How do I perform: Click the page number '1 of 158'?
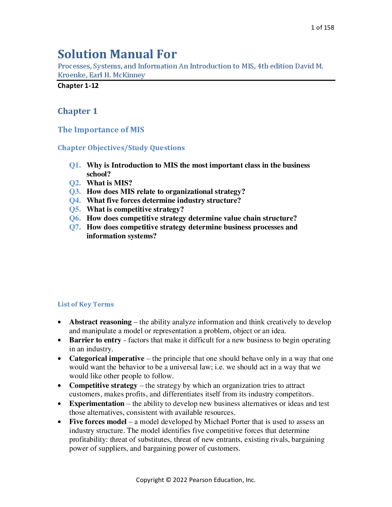coord(322,28)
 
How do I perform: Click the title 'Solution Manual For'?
coord(117,54)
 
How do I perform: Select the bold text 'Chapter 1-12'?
coord(78,86)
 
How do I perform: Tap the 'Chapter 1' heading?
coord(77,111)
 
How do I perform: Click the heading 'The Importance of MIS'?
coord(101,130)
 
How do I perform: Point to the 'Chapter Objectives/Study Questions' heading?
coord(121,148)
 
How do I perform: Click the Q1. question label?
coord(75,165)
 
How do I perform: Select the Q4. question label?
coord(75,200)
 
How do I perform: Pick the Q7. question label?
coord(75,227)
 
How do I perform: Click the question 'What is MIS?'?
coord(109,183)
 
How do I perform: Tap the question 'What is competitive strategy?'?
coord(135,209)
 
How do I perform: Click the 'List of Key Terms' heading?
coord(86,305)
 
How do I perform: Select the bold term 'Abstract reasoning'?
coord(100,322)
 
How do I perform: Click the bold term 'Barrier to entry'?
coord(95,340)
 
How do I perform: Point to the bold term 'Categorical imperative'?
coord(107,359)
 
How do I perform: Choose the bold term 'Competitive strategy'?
coord(103,386)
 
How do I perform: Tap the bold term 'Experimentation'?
coord(97,404)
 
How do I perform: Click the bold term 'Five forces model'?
coord(98,422)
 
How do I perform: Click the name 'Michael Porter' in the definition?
coord(227,422)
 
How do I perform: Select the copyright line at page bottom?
coord(196,480)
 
